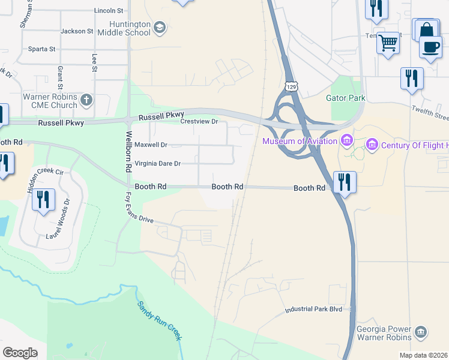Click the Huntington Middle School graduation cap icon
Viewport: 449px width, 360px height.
click(x=159, y=27)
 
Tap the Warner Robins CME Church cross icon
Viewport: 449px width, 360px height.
click(x=86, y=100)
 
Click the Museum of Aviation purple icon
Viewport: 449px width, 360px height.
click(x=346, y=141)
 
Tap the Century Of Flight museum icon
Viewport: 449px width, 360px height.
click(x=372, y=145)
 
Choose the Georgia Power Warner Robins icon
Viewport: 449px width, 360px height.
click(x=421, y=331)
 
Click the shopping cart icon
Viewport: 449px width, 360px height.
click(x=388, y=42)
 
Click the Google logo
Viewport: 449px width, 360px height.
click(x=20, y=353)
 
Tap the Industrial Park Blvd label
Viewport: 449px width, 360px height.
click(x=313, y=309)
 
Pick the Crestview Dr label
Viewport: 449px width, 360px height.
click(x=199, y=121)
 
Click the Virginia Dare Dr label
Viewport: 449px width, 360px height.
click(x=157, y=163)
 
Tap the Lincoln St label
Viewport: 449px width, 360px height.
click(x=109, y=11)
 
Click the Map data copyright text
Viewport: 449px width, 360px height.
click(x=424, y=355)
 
